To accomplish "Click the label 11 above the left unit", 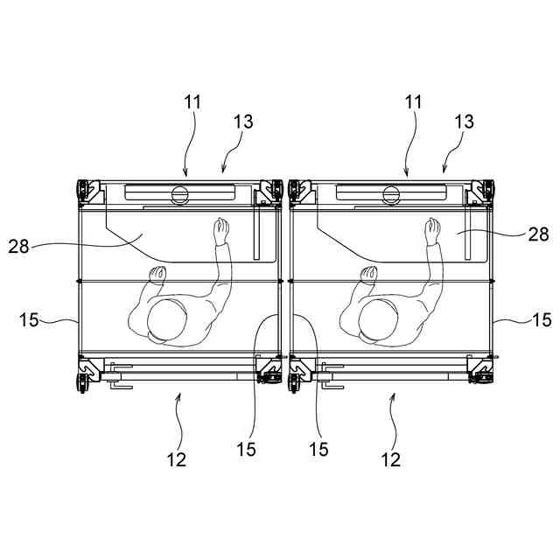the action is [192, 102].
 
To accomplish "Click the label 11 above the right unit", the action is [413, 102].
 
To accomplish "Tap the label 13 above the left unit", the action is [243, 122].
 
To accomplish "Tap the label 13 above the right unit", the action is [464, 122].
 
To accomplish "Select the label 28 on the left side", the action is [18, 246].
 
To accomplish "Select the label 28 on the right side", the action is [539, 234].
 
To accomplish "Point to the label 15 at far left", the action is [29, 319].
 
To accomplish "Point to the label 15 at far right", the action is [542, 319].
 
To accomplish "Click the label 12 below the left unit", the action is [177, 459].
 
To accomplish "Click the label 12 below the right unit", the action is [391, 459].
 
